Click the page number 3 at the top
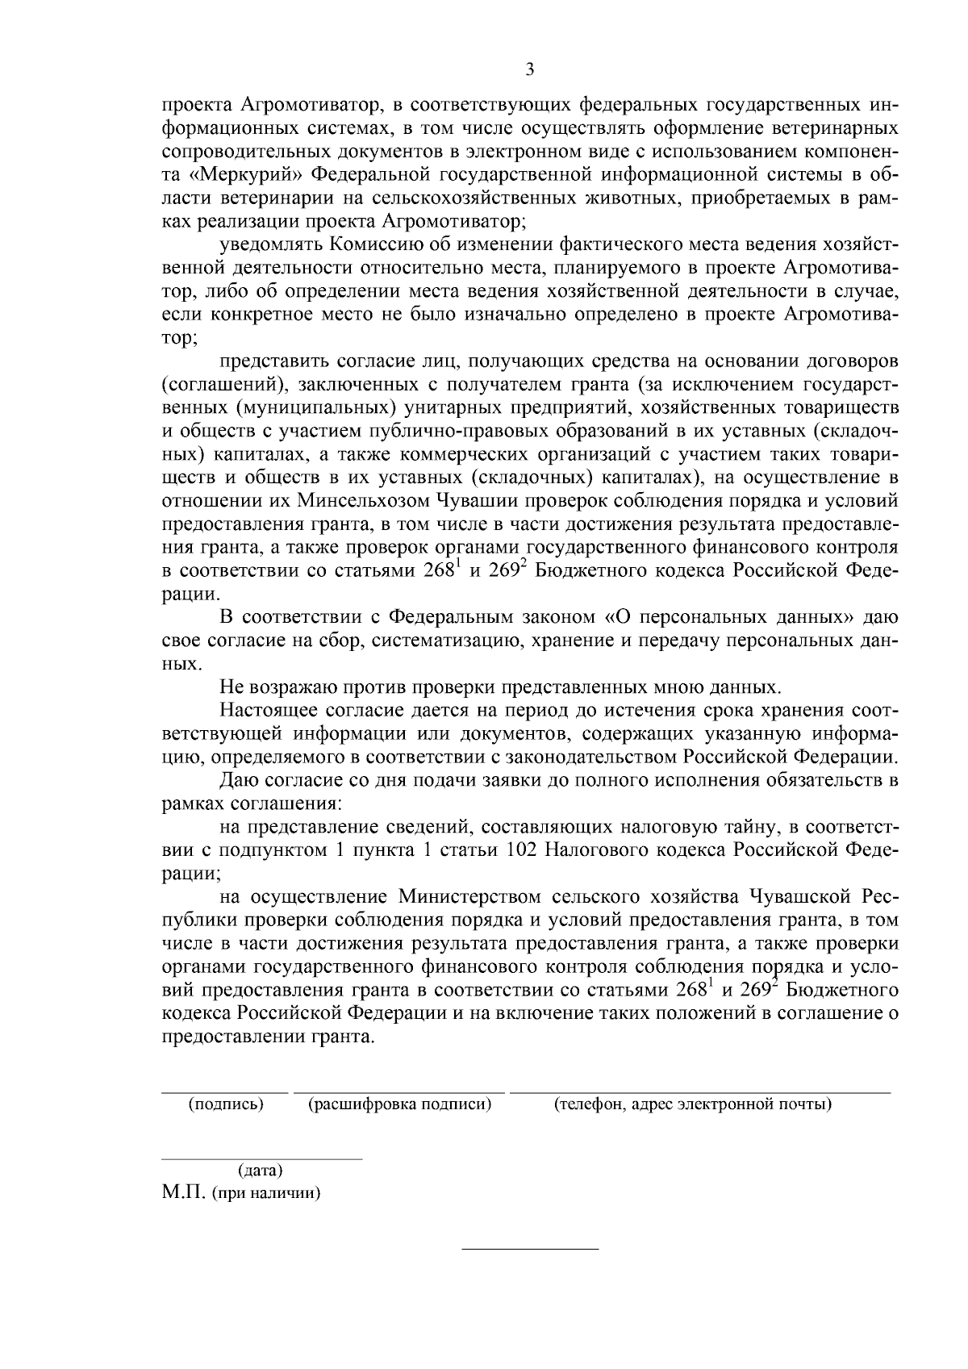[x=529, y=69]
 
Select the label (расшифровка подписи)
[x=399, y=1104]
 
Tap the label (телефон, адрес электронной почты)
[x=692, y=1104]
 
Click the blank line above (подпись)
[x=225, y=1091]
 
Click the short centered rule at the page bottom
[x=529, y=1250]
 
